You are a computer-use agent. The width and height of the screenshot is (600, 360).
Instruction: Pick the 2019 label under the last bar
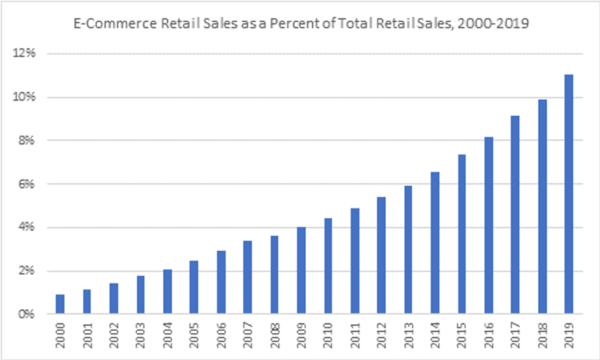[569, 334]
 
